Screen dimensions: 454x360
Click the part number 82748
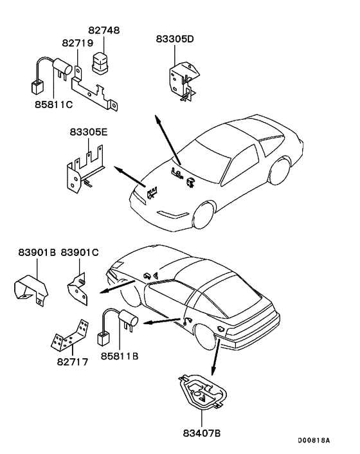coord(104,30)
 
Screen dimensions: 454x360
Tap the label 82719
coord(78,43)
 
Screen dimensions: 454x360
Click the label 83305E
coord(88,133)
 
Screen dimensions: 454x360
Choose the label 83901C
coord(80,253)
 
